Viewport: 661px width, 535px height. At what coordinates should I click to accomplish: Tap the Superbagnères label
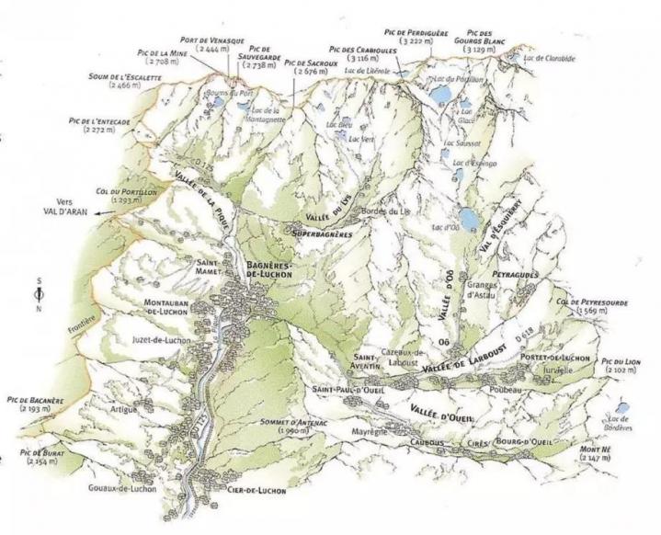324,234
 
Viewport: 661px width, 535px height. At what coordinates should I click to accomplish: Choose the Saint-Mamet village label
212,267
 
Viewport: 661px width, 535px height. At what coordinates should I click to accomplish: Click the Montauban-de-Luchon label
173,307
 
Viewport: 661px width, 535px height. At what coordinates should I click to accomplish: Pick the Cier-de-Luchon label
254,491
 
